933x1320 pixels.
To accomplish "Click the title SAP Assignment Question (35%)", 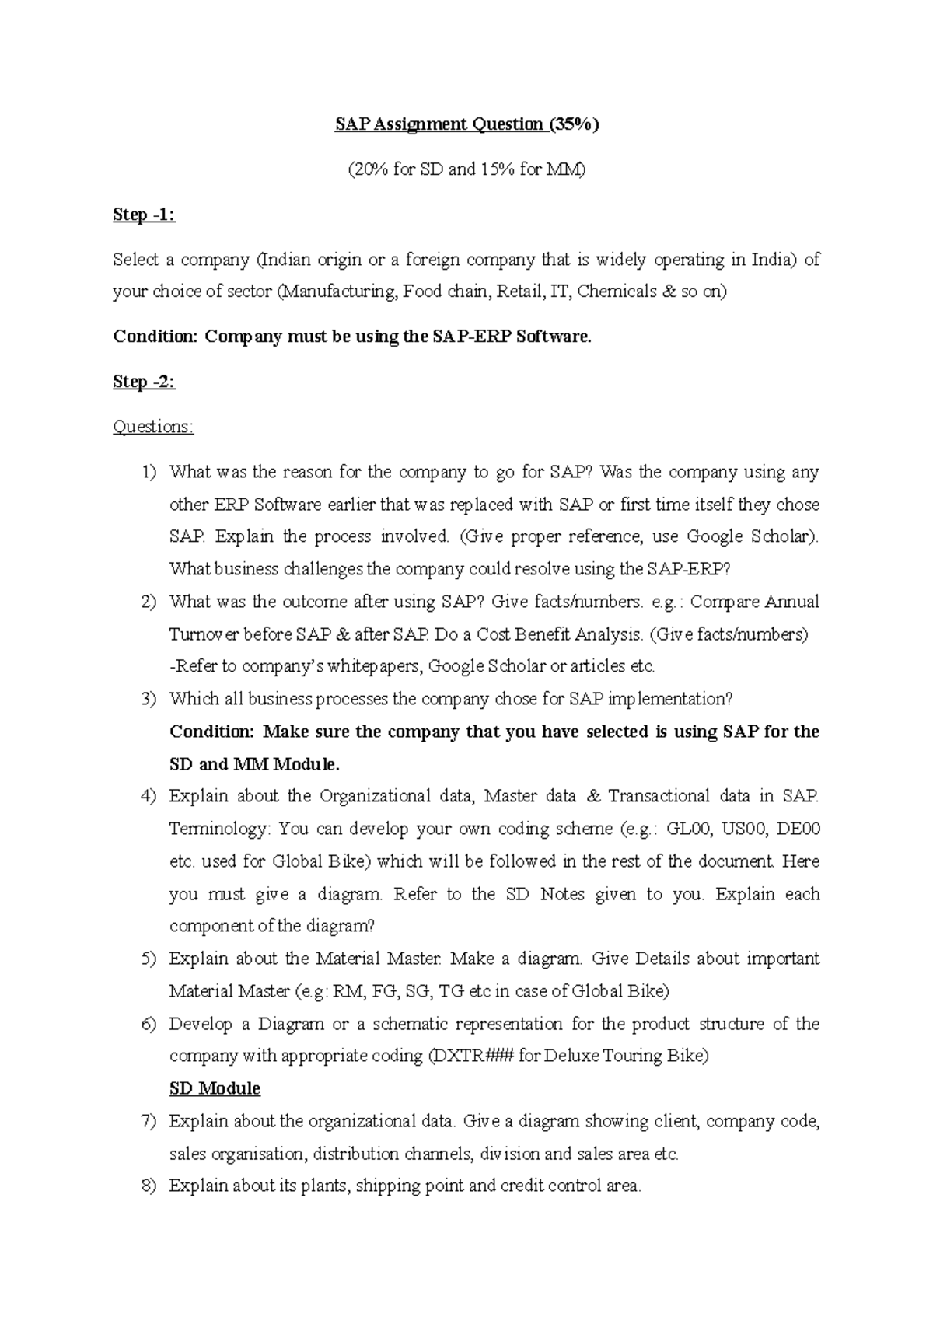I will click(x=467, y=124).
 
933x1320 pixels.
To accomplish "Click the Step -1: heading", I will click(x=144, y=215).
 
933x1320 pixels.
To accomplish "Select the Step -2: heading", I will click(x=144, y=382).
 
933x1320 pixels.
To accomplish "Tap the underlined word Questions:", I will click(x=153, y=427).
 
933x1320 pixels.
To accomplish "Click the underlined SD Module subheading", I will click(x=215, y=1088).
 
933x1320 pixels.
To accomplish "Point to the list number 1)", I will click(x=149, y=472).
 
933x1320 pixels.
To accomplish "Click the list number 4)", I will click(x=149, y=796).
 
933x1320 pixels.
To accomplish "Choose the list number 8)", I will click(x=149, y=1186).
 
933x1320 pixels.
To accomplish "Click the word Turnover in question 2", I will click(x=203, y=634).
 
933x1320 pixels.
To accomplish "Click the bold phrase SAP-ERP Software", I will click(x=510, y=337).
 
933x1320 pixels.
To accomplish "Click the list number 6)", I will click(x=149, y=1024).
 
